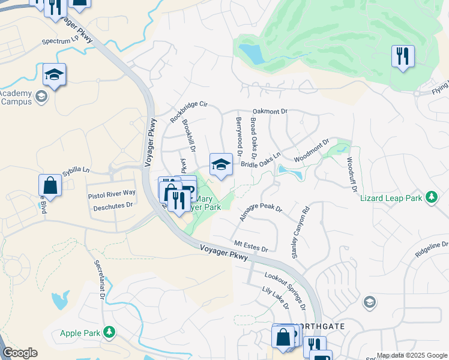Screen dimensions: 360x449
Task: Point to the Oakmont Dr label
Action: coord(270,111)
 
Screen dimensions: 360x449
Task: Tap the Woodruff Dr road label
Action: coord(352,174)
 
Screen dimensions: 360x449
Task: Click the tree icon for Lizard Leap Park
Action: coord(430,197)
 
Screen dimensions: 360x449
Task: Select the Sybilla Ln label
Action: coord(74,170)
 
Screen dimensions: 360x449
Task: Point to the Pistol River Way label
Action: coord(112,193)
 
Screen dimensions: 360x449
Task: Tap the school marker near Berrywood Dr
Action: coord(221,164)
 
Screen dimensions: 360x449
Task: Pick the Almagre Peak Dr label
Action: coord(261,211)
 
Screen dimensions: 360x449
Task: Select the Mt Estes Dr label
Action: coord(251,247)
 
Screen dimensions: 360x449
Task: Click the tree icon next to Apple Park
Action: coord(109,332)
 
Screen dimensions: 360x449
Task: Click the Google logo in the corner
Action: coord(20,353)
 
